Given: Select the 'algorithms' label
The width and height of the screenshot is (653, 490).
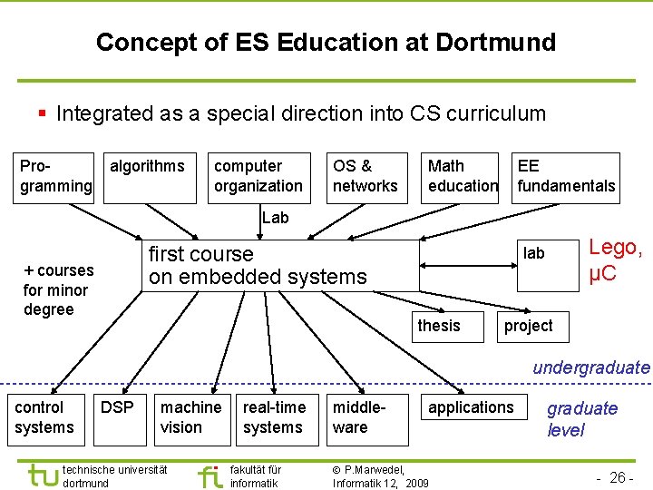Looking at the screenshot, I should point(146,166).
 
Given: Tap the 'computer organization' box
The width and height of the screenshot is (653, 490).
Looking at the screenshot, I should point(258,176).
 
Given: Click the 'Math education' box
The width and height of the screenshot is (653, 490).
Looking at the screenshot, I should point(462,176).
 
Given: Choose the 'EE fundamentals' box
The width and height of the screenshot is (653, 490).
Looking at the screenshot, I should point(566,176).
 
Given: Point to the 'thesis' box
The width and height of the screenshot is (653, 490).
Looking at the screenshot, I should point(439,326).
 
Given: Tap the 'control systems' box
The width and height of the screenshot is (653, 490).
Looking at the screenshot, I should point(44,417).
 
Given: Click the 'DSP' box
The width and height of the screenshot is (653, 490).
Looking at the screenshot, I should point(117,408).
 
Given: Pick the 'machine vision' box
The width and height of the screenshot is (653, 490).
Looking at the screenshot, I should point(190,417).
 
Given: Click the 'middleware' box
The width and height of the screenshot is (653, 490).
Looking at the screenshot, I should point(358,417).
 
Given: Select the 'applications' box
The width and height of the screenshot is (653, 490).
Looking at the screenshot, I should point(471,408).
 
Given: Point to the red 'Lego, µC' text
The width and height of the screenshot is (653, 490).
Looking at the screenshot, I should point(616,260).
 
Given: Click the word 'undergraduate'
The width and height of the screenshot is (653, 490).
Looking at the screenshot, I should point(591,367).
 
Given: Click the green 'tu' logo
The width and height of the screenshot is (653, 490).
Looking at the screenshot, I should point(43,475).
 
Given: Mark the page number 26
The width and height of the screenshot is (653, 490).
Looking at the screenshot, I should point(619,477).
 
